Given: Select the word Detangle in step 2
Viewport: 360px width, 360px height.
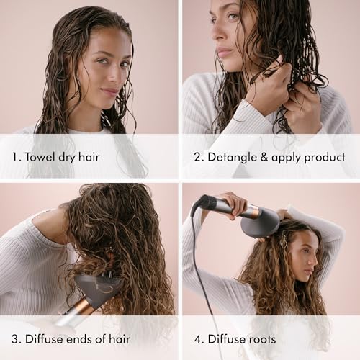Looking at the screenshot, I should click(x=231, y=156).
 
